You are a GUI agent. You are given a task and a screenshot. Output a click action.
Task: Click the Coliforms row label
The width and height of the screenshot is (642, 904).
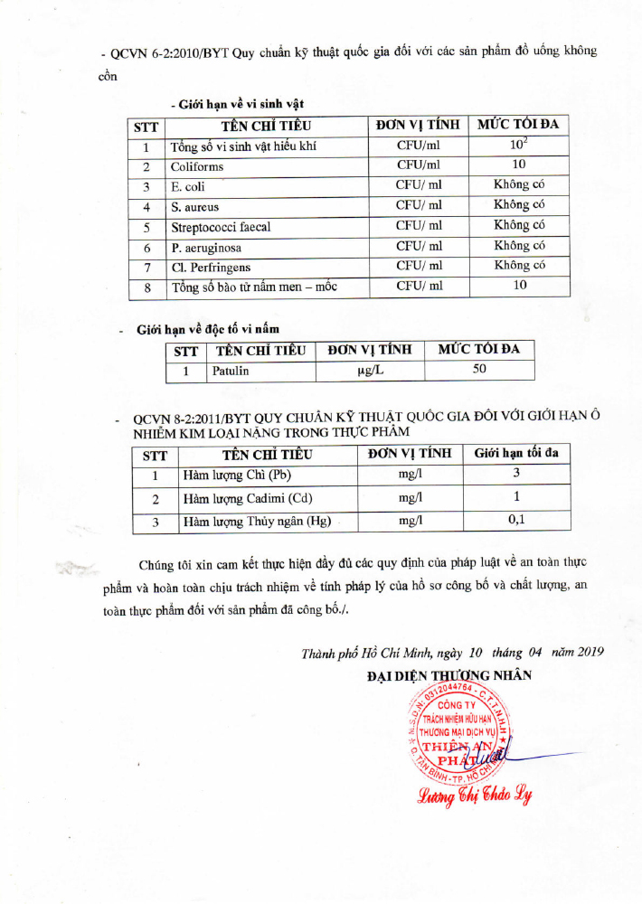[x=197, y=166]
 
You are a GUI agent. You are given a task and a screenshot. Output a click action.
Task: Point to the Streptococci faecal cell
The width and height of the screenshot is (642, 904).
[x=221, y=227]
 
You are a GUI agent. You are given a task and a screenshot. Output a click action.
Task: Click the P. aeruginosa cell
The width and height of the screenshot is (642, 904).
[x=206, y=247]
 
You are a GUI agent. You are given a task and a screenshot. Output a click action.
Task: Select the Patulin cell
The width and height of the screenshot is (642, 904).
[x=231, y=371]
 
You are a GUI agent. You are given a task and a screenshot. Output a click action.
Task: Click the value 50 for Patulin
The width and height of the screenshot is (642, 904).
[x=479, y=370]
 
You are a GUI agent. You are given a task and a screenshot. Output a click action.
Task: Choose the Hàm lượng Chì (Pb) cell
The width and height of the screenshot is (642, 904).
[x=237, y=475]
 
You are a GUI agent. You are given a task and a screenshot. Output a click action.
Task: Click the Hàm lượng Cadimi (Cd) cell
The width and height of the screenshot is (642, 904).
[x=249, y=498]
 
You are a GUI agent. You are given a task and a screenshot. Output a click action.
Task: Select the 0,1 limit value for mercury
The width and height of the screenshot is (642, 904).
[x=516, y=521]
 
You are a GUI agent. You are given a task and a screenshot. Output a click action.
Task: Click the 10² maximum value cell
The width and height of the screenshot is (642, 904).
[x=518, y=145]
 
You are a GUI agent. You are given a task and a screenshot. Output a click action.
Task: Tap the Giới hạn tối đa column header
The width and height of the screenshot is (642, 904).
[x=516, y=452]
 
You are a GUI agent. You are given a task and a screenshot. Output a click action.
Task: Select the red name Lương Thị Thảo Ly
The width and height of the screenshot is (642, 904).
[x=475, y=796]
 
